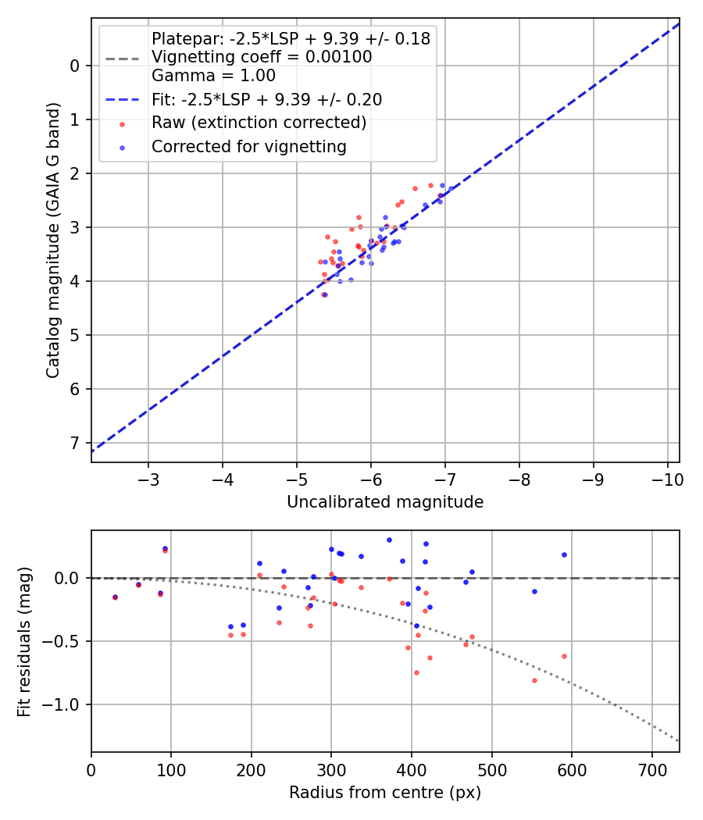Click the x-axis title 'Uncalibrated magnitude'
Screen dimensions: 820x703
coord(385,502)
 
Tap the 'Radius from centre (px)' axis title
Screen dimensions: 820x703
coord(385,793)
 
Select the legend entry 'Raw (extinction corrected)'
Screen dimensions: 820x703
coord(259,123)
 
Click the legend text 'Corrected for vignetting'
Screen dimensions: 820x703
coord(249,146)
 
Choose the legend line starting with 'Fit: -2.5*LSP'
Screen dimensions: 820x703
coord(266,100)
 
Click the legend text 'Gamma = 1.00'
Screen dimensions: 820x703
coord(213,76)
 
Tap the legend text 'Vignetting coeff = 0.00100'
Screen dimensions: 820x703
coord(262,57)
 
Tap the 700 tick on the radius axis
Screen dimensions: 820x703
coord(651,768)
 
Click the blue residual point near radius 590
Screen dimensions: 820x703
coord(564,554)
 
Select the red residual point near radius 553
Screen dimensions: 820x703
coord(534,680)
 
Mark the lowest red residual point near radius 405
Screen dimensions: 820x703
coord(416,672)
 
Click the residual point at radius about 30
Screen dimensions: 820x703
coord(115,597)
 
